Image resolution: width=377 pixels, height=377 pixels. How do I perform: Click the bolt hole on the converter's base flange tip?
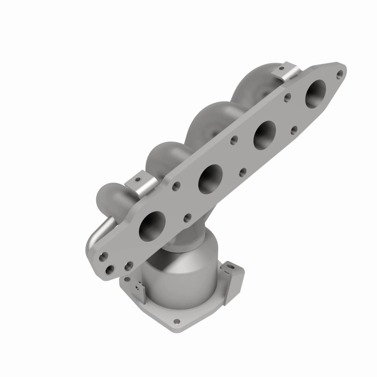pyautogui.click(x=177, y=323)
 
